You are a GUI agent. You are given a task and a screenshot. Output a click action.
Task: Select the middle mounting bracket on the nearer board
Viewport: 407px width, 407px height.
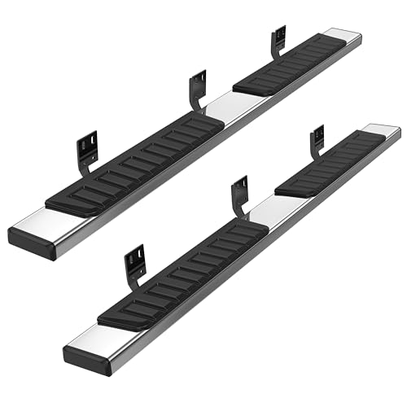tap(239, 195)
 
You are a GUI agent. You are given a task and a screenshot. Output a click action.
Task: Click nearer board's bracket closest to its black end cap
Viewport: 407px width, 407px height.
tap(134, 265)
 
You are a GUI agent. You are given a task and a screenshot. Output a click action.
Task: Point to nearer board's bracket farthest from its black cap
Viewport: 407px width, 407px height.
tap(317, 143)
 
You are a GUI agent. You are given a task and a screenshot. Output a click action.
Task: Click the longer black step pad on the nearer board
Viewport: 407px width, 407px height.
tap(183, 269)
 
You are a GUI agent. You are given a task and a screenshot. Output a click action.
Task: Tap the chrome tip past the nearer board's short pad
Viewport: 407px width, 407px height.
tap(383, 130)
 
